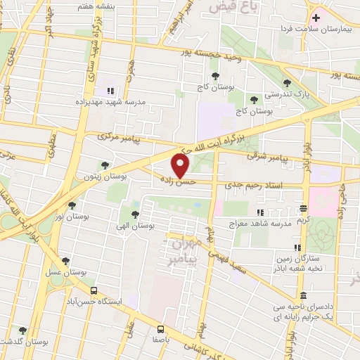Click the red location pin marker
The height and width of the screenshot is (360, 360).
(181, 165)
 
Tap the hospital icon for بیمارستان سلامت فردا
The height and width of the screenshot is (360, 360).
(316, 17)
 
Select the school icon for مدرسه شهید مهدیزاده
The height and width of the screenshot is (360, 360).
(110, 91)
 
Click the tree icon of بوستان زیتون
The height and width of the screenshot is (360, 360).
(105, 165)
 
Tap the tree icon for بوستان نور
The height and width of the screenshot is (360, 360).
(72, 205)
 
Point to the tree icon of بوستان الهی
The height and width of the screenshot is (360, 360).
(134, 214)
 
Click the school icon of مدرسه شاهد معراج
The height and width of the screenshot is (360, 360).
(260, 212)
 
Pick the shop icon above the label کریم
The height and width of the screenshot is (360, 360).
(303, 208)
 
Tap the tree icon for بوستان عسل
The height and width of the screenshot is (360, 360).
(65, 259)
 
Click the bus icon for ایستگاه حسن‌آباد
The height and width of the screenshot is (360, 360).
(94, 290)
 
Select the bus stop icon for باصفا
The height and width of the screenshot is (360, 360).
(161, 328)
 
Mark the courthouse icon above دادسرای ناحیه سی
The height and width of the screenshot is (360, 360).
(303, 295)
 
